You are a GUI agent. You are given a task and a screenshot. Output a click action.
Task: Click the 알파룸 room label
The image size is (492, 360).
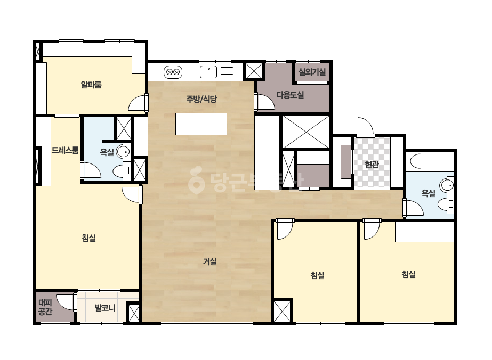[x=91, y=85]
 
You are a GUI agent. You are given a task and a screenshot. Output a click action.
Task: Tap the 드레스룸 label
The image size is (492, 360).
[x=65, y=151]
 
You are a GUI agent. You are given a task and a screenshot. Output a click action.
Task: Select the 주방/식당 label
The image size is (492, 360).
[x=201, y=100]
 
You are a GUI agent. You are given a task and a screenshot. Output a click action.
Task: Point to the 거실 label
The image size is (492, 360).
[x=210, y=261]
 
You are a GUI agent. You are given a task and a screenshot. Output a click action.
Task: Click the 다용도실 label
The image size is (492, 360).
[x=290, y=95]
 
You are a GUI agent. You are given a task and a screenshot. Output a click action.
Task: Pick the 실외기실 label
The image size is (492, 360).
[x=312, y=72]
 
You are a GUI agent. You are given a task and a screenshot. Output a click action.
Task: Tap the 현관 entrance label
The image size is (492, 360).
[x=372, y=164]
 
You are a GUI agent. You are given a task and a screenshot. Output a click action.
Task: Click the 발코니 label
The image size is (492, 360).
[x=105, y=308]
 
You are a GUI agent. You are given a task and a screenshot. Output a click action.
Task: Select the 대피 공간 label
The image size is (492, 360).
[x=45, y=307]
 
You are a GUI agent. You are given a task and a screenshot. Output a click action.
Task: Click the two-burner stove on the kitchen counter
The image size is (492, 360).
[x=173, y=72]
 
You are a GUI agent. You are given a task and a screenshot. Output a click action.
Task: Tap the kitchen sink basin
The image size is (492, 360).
[x=208, y=72]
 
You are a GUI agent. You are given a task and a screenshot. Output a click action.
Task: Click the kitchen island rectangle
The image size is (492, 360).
[x=201, y=124]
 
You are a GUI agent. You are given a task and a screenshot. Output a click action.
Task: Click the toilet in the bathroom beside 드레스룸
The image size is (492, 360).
[x=121, y=170]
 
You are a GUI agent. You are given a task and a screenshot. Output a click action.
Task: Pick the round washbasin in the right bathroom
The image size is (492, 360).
[x=447, y=185]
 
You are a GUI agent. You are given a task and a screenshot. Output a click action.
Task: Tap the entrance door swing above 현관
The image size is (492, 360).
[x=366, y=126]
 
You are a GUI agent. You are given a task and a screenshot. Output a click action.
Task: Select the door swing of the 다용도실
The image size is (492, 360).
[x=264, y=102]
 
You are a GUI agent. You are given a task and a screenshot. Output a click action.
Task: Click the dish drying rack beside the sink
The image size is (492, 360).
[x=227, y=72]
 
